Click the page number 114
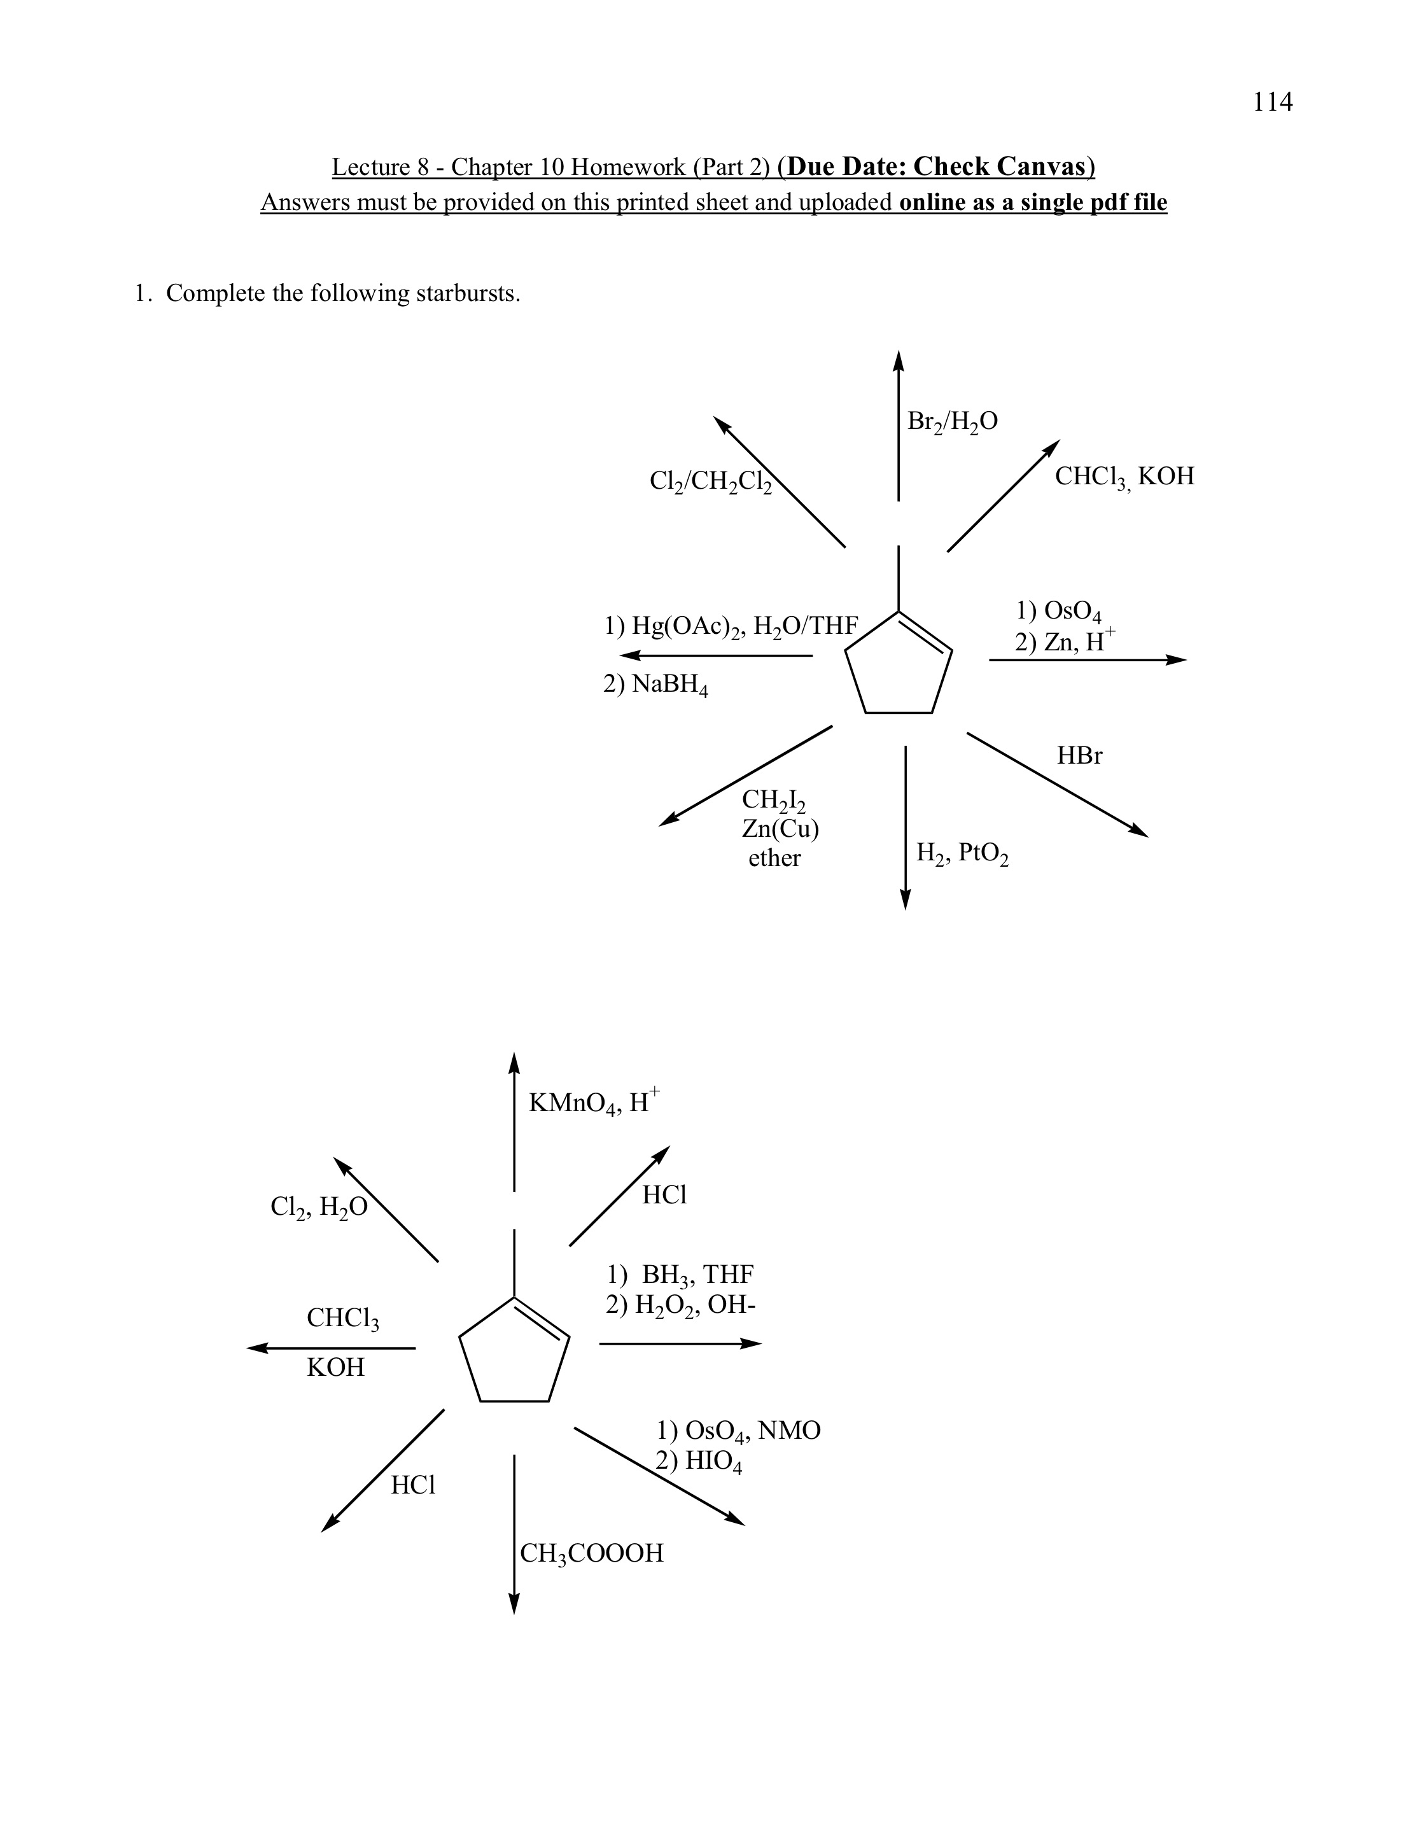coord(1272,102)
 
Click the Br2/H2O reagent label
coord(952,421)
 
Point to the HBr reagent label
coord(1079,755)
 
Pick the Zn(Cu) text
coord(780,829)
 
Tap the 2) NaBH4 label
coord(655,685)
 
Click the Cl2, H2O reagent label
coord(319,1207)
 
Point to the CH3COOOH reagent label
coord(591,1553)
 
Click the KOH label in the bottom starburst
coord(336,1368)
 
